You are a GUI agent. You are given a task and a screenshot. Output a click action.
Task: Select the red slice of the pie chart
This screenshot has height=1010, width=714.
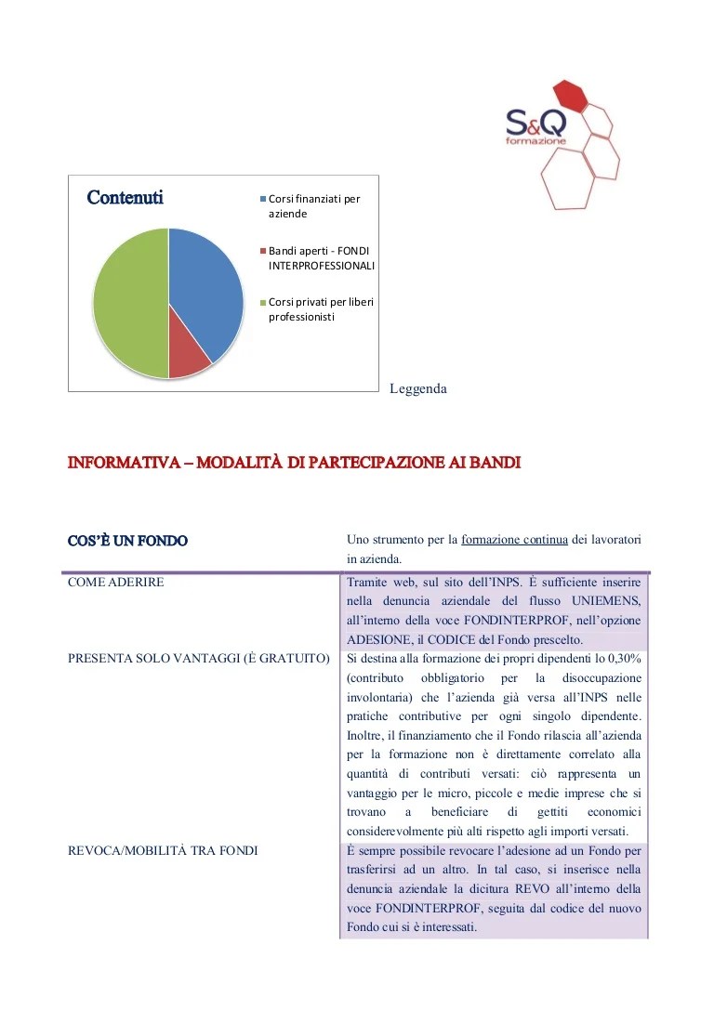point(189,361)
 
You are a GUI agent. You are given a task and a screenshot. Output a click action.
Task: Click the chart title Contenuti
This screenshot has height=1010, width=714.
point(125,198)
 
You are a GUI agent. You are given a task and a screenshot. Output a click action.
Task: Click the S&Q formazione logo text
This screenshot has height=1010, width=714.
point(535,125)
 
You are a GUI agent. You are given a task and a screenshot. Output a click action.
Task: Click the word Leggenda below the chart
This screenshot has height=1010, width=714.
point(418,389)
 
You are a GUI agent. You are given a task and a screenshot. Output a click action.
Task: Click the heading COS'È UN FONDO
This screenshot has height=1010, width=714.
point(127,540)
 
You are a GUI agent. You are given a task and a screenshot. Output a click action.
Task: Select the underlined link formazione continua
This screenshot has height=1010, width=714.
point(501,540)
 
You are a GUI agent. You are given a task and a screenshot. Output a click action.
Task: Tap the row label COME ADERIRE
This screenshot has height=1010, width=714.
point(116,582)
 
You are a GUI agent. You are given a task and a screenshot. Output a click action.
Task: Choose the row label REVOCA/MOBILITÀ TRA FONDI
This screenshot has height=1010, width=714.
point(163,850)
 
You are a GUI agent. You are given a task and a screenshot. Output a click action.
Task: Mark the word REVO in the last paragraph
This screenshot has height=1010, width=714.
point(525,889)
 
